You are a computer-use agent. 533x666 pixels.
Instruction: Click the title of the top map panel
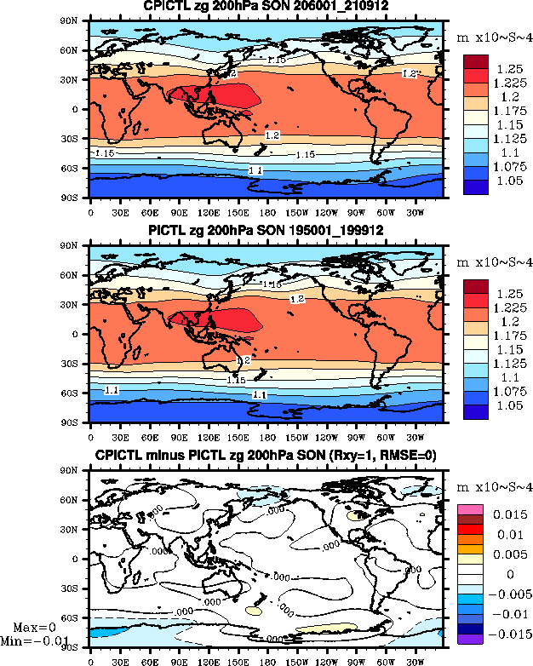point(266,7)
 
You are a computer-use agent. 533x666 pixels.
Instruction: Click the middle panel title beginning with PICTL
point(266,232)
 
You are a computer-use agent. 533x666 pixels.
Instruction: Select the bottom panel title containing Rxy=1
point(266,456)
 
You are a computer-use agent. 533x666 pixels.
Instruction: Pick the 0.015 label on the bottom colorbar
point(509,515)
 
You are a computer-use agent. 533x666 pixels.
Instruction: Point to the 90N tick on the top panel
point(78,20)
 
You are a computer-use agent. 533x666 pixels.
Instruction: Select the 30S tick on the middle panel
point(78,364)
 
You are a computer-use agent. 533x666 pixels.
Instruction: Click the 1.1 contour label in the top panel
point(255,171)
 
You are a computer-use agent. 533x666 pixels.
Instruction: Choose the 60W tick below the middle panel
point(385,433)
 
